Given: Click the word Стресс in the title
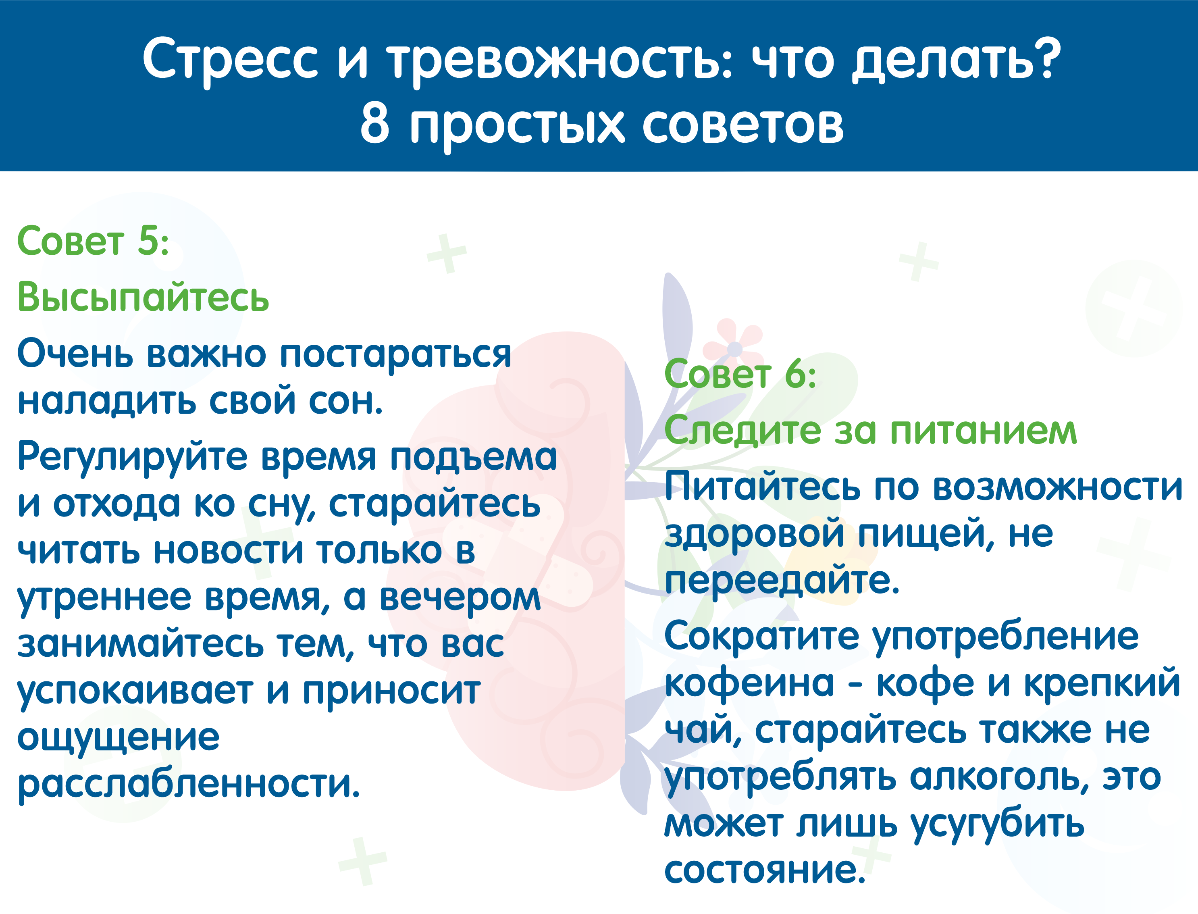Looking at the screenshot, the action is (x=230, y=61).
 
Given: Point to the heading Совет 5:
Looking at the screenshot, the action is (x=93, y=240).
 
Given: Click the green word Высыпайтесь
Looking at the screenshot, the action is (x=143, y=298).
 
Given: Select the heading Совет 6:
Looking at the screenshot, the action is (x=740, y=374).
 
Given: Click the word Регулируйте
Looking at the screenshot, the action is (x=133, y=458).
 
